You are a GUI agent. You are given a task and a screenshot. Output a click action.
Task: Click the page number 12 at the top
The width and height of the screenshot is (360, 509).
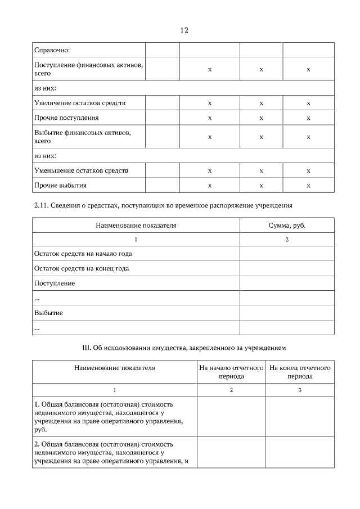coord(184,30)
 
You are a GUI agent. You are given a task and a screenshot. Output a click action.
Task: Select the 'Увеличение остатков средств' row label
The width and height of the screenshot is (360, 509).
coord(80,103)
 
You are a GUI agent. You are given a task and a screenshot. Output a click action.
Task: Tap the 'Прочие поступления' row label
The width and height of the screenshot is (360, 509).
coord(66,118)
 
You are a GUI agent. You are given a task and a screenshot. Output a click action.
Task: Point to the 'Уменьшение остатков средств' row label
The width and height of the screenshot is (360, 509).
coord(81,170)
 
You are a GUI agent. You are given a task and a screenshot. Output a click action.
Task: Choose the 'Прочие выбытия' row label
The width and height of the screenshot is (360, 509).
coord(61,184)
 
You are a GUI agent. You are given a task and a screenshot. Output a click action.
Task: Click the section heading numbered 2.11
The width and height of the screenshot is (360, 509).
coord(164,205)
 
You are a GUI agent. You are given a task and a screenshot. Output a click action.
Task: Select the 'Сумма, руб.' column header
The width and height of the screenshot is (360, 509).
coord(287,225)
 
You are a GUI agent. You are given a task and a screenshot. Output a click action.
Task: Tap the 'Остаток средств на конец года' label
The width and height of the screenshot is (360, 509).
coord(82,268)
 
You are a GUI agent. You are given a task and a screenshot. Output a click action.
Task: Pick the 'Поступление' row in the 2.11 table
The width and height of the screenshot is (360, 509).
coord(55,283)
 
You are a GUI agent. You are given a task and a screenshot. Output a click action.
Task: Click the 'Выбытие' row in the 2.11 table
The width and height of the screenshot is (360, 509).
coord(48,312)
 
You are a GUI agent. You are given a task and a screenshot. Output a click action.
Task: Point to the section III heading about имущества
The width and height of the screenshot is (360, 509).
coord(184,348)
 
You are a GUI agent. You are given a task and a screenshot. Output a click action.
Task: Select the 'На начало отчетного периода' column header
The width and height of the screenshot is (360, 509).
coord(231,372)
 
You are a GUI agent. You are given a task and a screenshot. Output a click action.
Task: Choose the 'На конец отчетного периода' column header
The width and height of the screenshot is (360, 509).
coord(300,372)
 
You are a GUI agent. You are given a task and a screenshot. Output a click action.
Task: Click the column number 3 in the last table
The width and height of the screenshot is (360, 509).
coord(300,390)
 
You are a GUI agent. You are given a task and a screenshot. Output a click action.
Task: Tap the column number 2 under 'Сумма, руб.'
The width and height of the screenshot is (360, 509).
coord(287,239)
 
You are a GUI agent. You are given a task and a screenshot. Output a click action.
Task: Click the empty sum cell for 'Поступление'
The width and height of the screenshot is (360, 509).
coord(287,283)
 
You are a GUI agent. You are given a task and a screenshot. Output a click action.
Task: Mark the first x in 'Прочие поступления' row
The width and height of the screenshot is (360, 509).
coord(210,118)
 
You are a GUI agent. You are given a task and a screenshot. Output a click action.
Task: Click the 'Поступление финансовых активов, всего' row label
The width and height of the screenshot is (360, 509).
coord(88,69)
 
